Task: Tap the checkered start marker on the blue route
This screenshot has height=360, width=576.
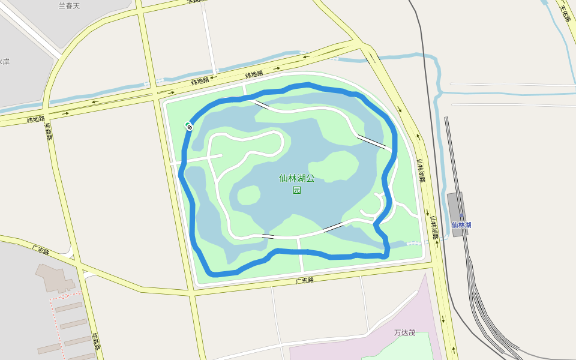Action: tap(189, 126)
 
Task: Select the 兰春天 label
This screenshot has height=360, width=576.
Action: tap(69, 6)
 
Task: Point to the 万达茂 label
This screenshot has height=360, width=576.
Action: tap(405, 332)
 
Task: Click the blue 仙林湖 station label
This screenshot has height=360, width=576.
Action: tap(461, 225)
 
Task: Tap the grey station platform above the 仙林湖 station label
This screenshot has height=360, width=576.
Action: tap(455, 207)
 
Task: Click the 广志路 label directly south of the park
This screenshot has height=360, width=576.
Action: tap(305, 280)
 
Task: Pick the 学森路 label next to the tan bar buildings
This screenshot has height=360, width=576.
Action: tap(95, 343)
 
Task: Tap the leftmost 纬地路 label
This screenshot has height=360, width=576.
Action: tap(35, 119)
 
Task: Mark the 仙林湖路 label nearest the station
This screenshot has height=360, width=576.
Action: tap(434, 227)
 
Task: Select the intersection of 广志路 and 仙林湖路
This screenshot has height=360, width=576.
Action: tap(437, 263)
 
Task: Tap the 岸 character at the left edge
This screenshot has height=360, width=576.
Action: tap(5, 62)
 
